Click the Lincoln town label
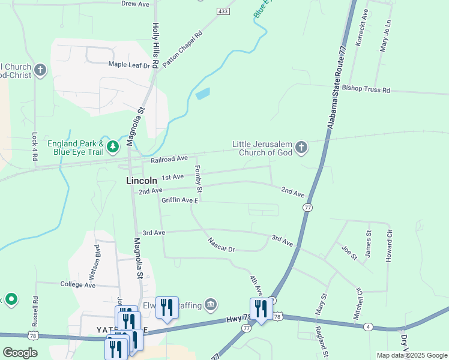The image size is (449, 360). coord(142,180)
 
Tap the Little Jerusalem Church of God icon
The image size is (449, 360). coord(301,147)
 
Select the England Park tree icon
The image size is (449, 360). coord(112,147)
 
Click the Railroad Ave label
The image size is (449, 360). coord(169,159)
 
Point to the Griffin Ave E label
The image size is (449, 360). coord(179,200)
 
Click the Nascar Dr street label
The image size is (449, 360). coord(221,245)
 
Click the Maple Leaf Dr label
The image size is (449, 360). coord(128,65)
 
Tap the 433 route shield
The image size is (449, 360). coord(223,11)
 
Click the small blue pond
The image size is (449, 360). coord(203,94)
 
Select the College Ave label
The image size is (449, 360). coord(77,285)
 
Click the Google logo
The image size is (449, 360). coord(19,353)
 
